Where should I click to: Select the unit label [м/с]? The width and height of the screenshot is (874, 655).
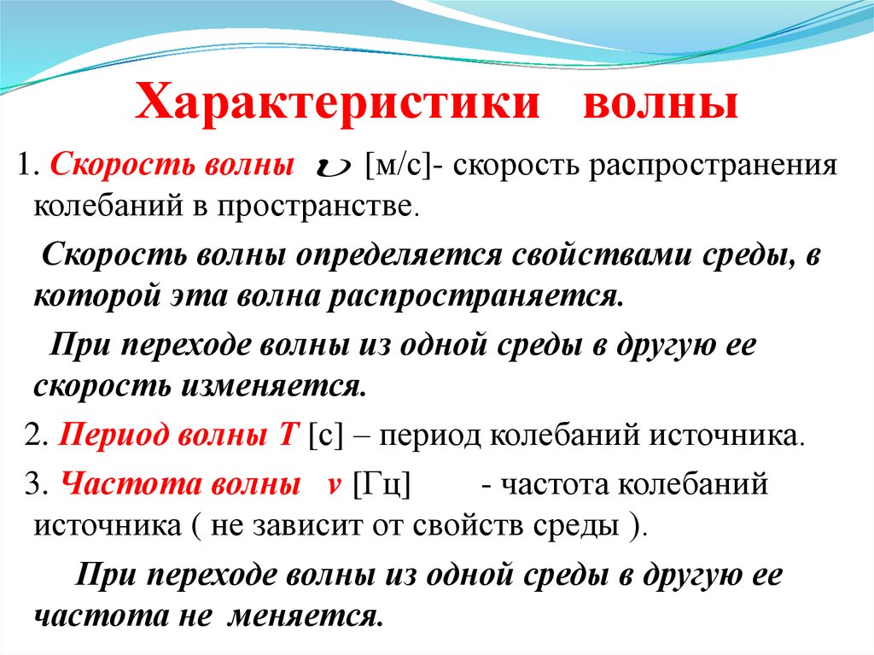399,165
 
